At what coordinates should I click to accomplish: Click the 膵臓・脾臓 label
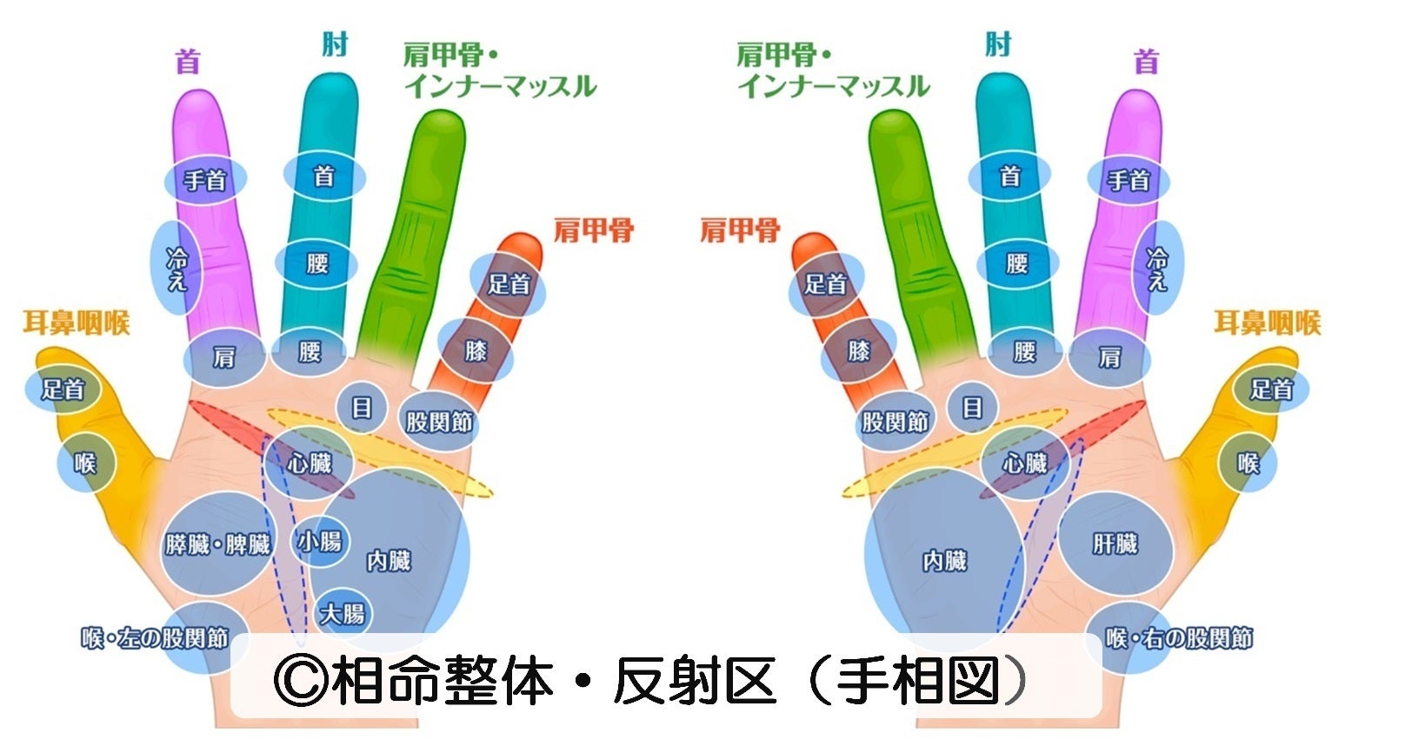coord(217,545)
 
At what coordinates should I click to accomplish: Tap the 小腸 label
coord(320,542)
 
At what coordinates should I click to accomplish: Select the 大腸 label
coord(342,614)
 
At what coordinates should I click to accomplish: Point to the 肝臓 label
coord(1115,544)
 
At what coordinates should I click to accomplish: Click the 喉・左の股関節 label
coord(155,639)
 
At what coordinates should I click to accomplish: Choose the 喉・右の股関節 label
coord(1179,639)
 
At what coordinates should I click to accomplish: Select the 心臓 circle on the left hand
coord(310,463)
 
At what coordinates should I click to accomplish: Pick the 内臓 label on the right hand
coord(944,561)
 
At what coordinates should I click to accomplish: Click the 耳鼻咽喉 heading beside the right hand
coord(1267,323)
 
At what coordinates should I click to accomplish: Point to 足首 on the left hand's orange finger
coord(509,283)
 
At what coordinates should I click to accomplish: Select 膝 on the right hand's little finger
coord(858,350)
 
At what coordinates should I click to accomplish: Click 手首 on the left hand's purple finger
coord(205,180)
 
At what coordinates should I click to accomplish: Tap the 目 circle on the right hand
coord(972,407)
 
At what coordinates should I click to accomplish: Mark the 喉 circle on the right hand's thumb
coord(1248,463)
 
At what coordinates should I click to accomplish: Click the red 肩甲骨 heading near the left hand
coord(594,231)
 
